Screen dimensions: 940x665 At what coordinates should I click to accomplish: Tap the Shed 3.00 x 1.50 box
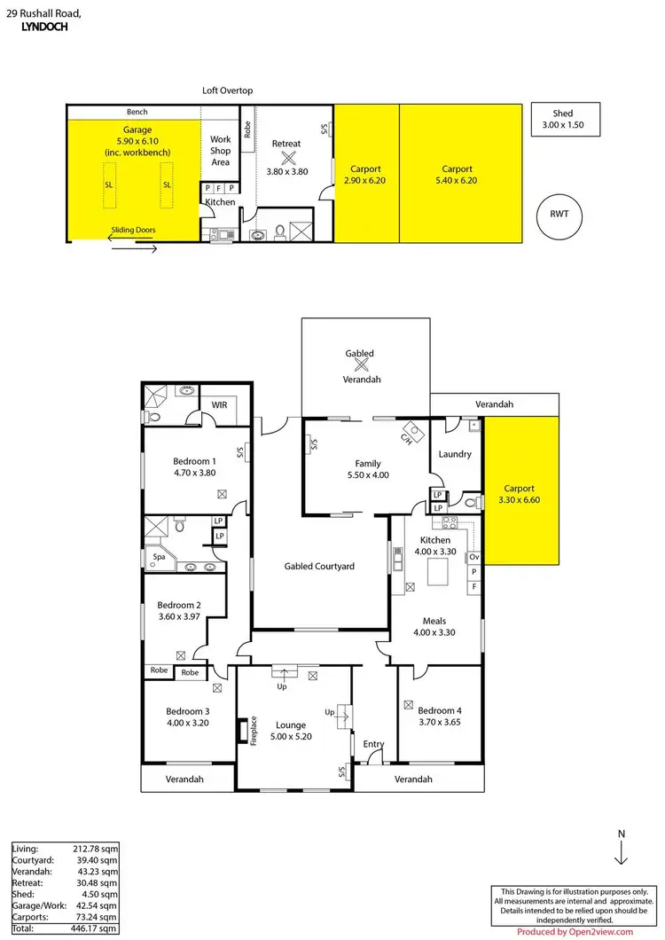pyautogui.click(x=563, y=120)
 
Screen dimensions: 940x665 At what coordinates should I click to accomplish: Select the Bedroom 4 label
pyautogui.click(x=440, y=711)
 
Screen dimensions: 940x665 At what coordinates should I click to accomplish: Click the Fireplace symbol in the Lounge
pyautogui.click(x=243, y=730)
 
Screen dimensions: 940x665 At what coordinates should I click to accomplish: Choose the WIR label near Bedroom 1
pyautogui.click(x=219, y=406)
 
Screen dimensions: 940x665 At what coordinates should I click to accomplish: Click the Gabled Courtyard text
pyautogui.click(x=319, y=566)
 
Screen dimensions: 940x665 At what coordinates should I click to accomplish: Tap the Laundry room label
pyautogui.click(x=455, y=454)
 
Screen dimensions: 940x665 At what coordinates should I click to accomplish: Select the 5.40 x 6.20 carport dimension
pyautogui.click(x=458, y=180)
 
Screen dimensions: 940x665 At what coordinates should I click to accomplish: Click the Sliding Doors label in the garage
pyautogui.click(x=133, y=231)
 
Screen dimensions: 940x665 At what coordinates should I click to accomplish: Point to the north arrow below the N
pyautogui.click(x=621, y=854)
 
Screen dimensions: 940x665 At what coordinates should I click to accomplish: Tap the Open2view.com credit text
pyautogui.click(x=575, y=931)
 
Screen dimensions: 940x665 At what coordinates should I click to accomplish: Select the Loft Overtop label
pyautogui.click(x=228, y=90)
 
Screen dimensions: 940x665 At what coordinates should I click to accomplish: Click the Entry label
pyautogui.click(x=374, y=744)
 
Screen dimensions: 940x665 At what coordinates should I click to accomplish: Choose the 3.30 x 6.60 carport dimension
pyautogui.click(x=521, y=500)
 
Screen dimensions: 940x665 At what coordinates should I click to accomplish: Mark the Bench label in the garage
pyautogui.click(x=137, y=112)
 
